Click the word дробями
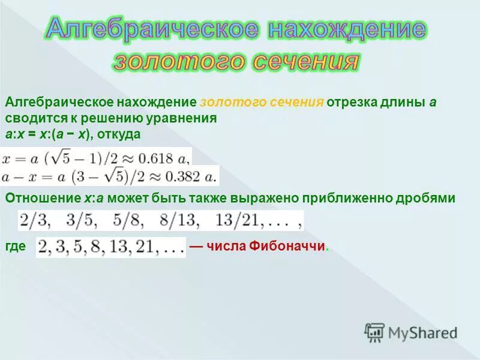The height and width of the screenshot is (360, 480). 430,199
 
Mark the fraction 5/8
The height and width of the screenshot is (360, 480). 128,220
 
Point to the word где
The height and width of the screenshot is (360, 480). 14,247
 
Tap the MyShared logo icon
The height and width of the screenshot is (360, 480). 374,332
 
